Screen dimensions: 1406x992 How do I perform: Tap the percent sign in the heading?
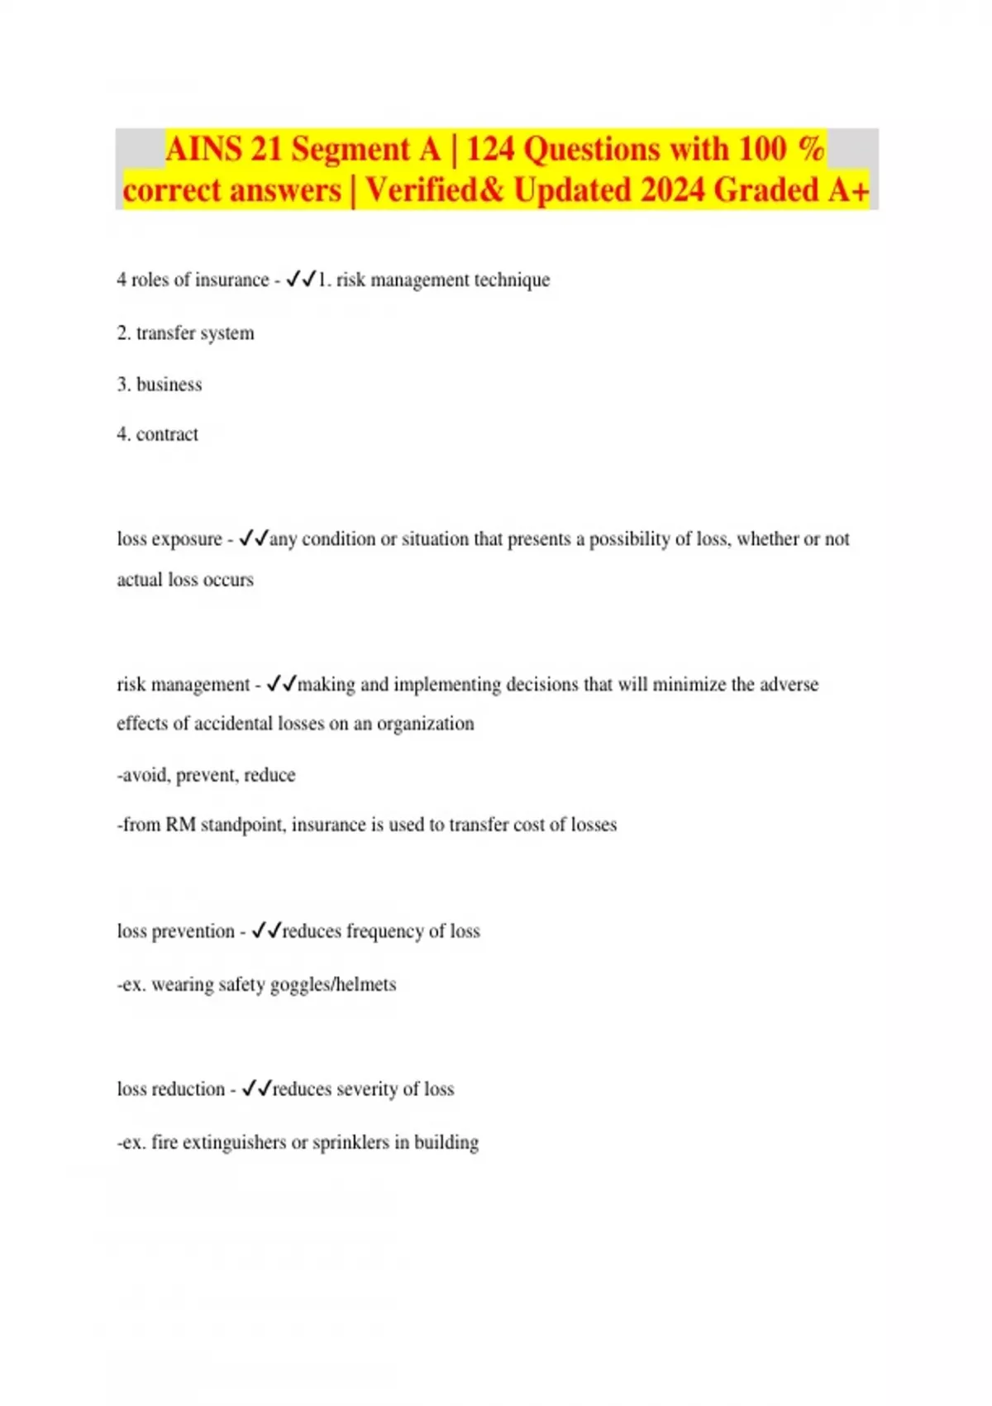click(x=812, y=150)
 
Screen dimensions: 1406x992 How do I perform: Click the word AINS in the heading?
click(x=203, y=150)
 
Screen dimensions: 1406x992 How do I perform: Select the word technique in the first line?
click(x=512, y=280)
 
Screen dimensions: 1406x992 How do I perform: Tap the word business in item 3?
click(x=169, y=385)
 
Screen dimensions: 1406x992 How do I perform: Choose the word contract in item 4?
click(x=167, y=434)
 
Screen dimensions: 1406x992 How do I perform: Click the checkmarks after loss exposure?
click(x=254, y=539)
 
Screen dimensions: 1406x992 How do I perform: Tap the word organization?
click(x=425, y=724)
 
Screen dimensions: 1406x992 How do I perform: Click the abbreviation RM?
click(x=180, y=825)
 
